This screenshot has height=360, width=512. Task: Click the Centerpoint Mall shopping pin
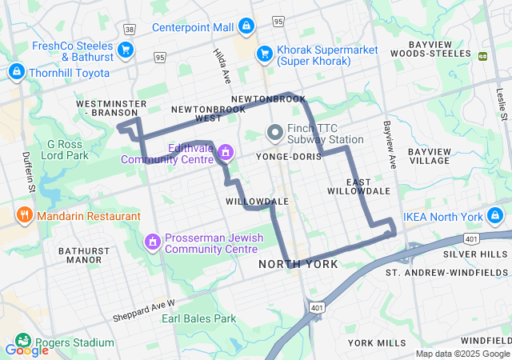coord(246,27)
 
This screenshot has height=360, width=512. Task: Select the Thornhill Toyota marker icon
coord(15,73)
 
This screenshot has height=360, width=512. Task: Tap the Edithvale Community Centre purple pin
coord(226,152)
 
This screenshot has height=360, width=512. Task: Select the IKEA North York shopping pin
coord(495,216)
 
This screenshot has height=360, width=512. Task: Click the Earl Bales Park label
coord(198,318)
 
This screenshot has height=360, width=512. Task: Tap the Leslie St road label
coord(502,105)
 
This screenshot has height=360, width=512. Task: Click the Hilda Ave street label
coord(222,65)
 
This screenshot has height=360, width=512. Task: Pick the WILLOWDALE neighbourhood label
coord(257,200)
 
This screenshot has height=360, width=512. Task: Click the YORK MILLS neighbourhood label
coord(377,342)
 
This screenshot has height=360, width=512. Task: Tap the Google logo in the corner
coord(26,350)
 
